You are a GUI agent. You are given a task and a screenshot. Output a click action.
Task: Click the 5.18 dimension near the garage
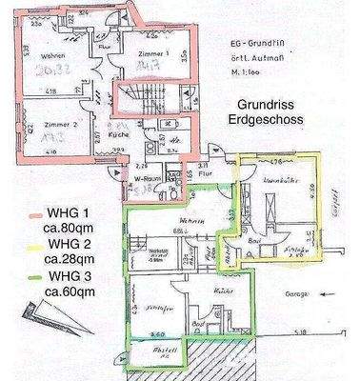[x=300, y=332]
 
